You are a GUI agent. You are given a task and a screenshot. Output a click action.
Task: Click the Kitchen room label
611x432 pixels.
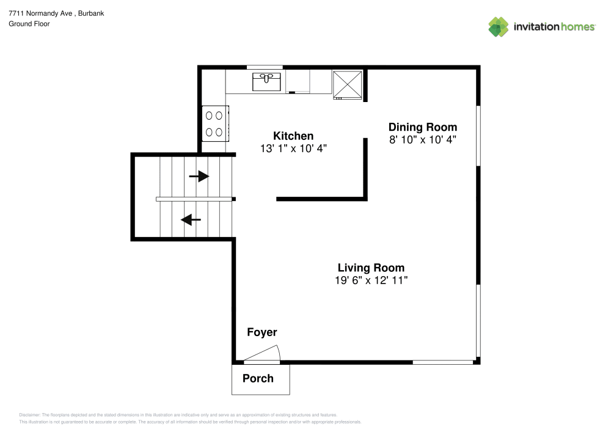tap(293, 136)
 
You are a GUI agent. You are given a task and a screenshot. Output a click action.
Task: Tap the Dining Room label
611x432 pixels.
tap(423, 127)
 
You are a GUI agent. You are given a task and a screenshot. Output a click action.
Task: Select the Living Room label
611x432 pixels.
tap(371, 268)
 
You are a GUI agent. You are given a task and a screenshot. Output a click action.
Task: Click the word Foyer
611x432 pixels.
tap(262, 332)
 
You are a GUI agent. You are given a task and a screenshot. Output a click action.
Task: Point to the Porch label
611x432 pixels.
tap(258, 378)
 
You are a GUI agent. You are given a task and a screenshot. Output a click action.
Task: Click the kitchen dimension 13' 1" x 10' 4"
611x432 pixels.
tap(293, 148)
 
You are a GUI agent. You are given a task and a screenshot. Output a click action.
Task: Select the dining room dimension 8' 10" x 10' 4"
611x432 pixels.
tap(423, 139)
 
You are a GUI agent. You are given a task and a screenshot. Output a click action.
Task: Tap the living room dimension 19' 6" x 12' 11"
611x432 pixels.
tap(371, 280)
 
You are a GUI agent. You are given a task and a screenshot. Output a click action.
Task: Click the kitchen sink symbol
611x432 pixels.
tap(267, 81)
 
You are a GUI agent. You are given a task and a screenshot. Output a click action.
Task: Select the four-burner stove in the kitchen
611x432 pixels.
tap(214, 123)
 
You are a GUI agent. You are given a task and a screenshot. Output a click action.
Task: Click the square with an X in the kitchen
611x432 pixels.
tap(347, 84)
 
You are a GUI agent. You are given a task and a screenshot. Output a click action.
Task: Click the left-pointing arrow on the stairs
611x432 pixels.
tap(191, 219)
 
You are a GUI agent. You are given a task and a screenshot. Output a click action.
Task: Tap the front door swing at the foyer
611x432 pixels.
tap(264, 354)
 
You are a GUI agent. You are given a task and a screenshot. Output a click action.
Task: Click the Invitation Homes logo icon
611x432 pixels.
tap(499, 26)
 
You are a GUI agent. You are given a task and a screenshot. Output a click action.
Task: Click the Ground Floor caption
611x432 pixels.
tap(29, 24)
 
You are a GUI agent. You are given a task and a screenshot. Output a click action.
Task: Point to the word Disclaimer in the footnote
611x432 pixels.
tap(30, 414)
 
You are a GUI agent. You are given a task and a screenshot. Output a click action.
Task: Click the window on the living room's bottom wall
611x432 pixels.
tap(443, 362)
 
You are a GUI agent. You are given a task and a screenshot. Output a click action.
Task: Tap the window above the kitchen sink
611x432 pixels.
tap(264, 67)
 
